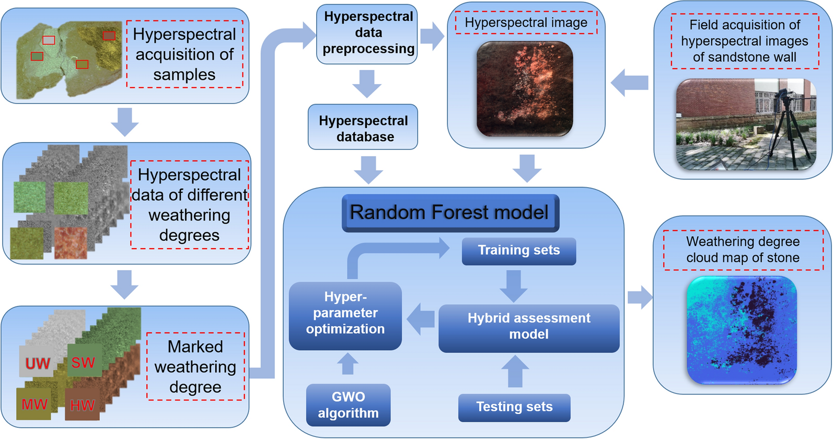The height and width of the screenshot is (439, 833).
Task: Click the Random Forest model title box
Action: pos(450,213)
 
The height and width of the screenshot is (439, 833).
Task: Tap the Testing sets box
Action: pos(514,407)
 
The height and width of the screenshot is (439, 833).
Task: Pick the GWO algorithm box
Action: pos(348,405)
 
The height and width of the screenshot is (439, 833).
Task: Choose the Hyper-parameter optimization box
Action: pos(345,316)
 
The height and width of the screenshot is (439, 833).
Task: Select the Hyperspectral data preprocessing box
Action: pos(367,33)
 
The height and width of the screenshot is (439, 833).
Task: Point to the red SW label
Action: pos(83,362)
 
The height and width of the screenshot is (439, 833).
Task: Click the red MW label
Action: pos(34,404)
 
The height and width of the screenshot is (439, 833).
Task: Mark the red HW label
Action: pos(82,405)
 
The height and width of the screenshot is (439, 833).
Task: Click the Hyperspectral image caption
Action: pos(526,22)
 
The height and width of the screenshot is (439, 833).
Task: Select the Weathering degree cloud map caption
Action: pos(743,250)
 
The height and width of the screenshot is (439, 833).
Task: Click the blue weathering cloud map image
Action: pos(742,330)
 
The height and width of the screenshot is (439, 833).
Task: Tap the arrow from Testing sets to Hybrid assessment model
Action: pos(515,371)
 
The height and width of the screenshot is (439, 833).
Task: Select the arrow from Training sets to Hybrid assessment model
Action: pos(514,286)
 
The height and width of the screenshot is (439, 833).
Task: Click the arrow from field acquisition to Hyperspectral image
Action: pos(630,83)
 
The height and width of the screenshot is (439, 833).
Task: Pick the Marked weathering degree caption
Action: pos(195,367)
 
